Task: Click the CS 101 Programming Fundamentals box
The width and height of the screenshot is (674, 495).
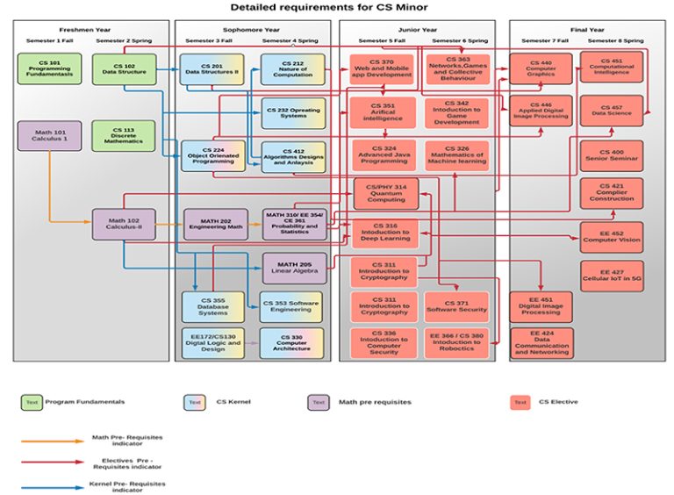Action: [x=49, y=68]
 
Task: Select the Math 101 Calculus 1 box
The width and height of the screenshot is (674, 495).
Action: [x=49, y=136]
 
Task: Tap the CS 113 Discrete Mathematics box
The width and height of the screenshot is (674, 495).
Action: [x=123, y=136]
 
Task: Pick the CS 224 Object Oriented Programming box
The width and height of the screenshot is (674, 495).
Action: [x=212, y=156]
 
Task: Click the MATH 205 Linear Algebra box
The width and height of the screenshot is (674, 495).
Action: [x=294, y=268]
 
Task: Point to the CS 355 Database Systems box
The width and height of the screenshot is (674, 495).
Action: [x=212, y=307]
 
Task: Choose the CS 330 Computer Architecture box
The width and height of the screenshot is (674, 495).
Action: [x=291, y=343]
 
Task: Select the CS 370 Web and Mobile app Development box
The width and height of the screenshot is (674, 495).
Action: [x=382, y=68]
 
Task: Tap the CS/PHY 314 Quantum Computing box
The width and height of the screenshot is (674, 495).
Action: [x=385, y=193]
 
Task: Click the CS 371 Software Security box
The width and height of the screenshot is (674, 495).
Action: [x=456, y=307]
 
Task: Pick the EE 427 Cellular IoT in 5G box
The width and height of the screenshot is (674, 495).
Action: [x=611, y=276]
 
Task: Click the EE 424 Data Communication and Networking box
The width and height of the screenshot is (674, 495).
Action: [x=541, y=343]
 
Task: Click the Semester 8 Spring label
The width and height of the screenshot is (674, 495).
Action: [x=615, y=40]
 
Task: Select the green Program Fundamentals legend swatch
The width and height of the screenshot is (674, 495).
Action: [x=32, y=403]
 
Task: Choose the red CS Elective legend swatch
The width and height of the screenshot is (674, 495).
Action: [x=520, y=403]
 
